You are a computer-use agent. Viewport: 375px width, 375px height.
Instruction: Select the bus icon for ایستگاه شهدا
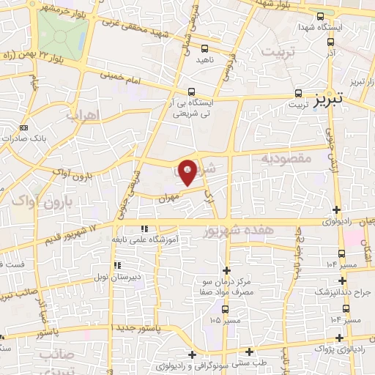click(x=319, y=16)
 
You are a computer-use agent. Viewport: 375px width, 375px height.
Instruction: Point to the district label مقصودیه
click(x=287, y=158)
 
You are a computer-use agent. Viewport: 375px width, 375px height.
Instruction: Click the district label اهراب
click(x=82, y=115)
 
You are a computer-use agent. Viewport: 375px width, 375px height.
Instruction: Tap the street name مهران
click(x=168, y=196)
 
